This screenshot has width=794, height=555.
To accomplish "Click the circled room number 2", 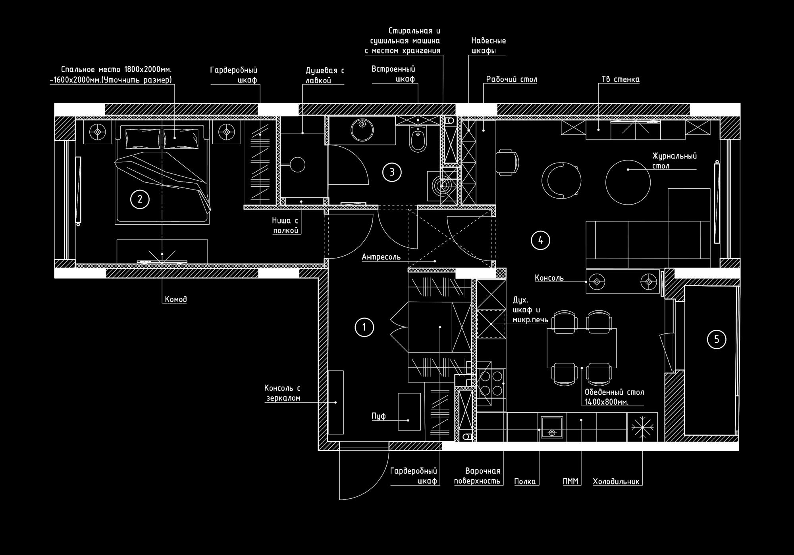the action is pyautogui.click(x=140, y=199).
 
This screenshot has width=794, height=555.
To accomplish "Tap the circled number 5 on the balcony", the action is pyautogui.click(x=717, y=339).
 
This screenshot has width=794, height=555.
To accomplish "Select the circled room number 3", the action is pyautogui.click(x=392, y=172).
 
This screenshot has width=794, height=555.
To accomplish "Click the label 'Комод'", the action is pyautogui.click(x=176, y=299).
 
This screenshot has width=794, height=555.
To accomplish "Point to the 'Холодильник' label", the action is pyautogui.click(x=616, y=482).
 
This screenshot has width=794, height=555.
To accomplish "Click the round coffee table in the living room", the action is pyautogui.click(x=628, y=182).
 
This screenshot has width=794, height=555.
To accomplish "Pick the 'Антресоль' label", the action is pyautogui.click(x=381, y=257).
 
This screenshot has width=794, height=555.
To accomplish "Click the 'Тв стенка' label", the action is pyautogui.click(x=621, y=79).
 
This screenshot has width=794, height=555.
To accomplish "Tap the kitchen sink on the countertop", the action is pyautogui.click(x=552, y=428).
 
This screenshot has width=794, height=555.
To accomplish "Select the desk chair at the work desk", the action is pyautogui.click(x=508, y=162).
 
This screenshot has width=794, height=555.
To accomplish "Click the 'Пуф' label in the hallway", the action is pyautogui.click(x=379, y=416).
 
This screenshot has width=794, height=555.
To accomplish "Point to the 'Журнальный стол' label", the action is pyautogui.click(x=675, y=161).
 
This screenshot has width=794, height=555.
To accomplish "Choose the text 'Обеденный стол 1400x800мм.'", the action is pyautogui.click(x=614, y=397).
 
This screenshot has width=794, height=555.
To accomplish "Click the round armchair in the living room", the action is pyautogui.click(x=561, y=180).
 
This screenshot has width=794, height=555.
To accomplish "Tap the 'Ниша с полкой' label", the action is pyautogui.click(x=285, y=226).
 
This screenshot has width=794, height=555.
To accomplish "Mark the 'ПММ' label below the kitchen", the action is pyautogui.click(x=570, y=482).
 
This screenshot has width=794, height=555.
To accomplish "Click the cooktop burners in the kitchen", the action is pyautogui.click(x=491, y=383).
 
